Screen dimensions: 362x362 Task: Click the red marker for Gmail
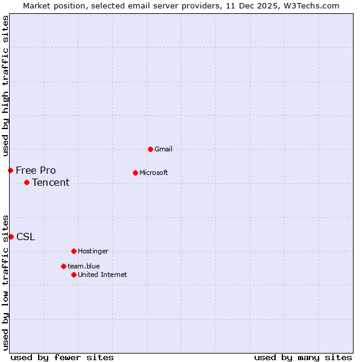[x=150, y=149]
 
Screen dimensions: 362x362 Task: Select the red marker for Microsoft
[x=135, y=173]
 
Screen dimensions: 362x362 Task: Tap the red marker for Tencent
[x=27, y=182]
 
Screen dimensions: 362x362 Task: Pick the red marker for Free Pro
[x=10, y=170]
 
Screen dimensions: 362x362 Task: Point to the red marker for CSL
[x=11, y=237]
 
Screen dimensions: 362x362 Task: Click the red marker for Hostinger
[x=74, y=251]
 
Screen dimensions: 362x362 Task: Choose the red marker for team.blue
[x=63, y=266]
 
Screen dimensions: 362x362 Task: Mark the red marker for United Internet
[x=74, y=275]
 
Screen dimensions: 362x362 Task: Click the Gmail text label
[x=164, y=149]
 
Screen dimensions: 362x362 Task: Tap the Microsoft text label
[x=153, y=173]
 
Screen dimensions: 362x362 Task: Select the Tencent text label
[x=51, y=183]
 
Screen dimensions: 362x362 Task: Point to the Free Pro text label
[x=36, y=170]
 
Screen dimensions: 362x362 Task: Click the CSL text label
[x=25, y=237]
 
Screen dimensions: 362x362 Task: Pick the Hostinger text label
[x=93, y=251]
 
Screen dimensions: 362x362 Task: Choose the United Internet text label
[x=102, y=275]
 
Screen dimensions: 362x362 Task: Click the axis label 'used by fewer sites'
[x=62, y=357]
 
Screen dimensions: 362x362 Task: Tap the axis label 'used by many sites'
[x=303, y=357]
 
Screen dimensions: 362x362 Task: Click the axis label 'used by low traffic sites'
[x=5, y=282]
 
